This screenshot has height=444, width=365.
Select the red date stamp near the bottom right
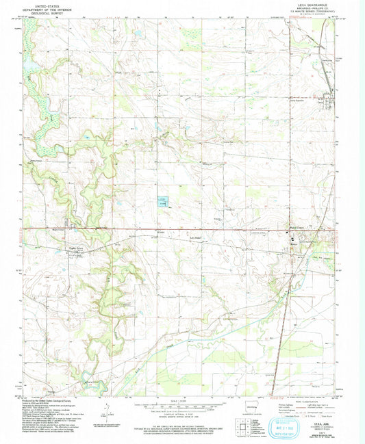click(x=281, y=396)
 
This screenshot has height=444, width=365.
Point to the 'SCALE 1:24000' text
click(x=181, y=400)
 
